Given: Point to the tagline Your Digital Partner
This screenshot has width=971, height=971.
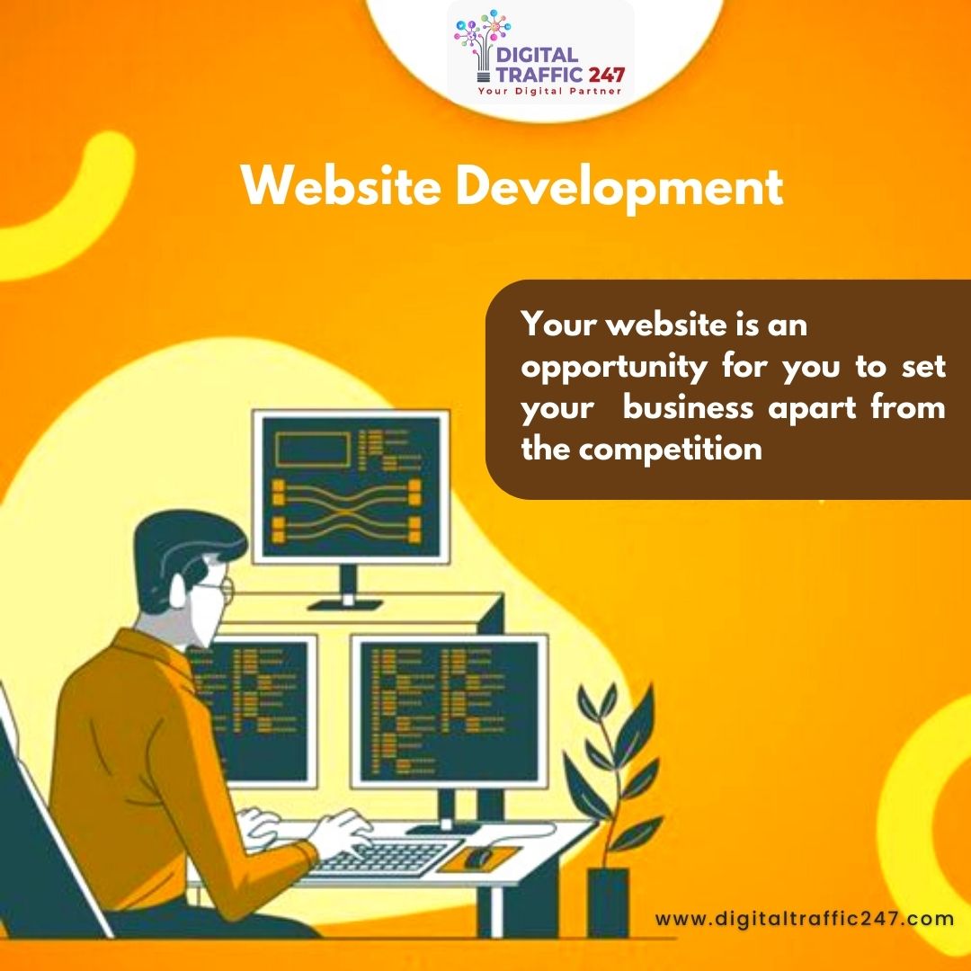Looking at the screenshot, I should click(549, 91).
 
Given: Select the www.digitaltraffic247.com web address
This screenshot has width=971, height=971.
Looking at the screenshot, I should click(804, 918).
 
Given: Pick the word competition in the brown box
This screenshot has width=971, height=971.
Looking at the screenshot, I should click(670, 448).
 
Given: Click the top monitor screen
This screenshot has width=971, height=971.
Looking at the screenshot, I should click(350, 486).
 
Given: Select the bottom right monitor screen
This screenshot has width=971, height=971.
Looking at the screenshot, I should click(449, 709).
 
